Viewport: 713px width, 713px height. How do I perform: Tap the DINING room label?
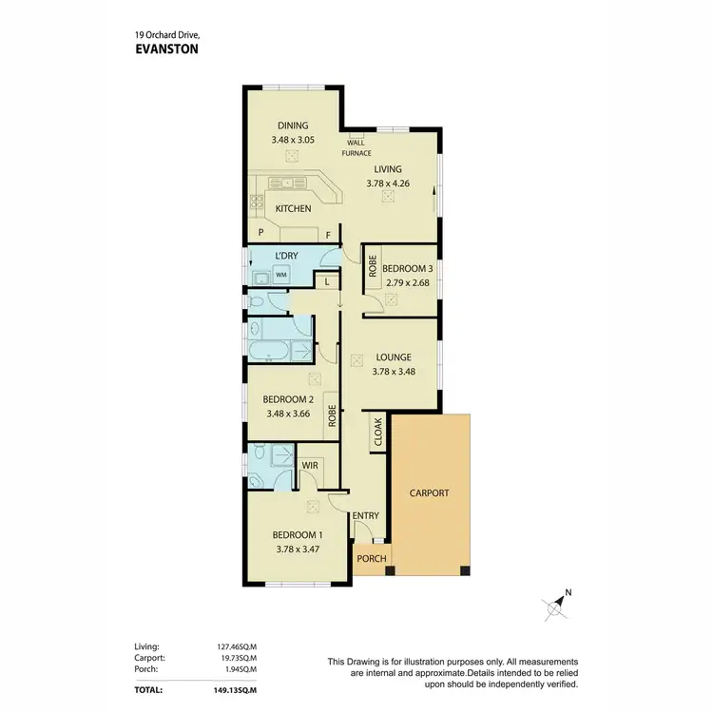[x=292, y=125]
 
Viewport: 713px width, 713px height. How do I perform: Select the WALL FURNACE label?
[x=357, y=147]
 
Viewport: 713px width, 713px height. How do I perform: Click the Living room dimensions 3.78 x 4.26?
[x=388, y=183]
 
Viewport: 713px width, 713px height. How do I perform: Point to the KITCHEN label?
[x=293, y=208]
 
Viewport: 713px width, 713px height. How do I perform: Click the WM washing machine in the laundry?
[x=280, y=275]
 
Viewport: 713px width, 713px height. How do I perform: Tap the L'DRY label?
[x=286, y=258]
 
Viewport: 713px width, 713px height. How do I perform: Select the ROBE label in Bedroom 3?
[x=373, y=268]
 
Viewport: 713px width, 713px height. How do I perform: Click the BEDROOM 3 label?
[x=407, y=269]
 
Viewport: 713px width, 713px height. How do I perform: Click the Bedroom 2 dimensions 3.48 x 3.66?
[x=287, y=414]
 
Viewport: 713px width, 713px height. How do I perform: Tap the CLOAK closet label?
[x=377, y=433]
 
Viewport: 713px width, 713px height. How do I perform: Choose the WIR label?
[x=309, y=467]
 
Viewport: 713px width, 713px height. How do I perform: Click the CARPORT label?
[x=429, y=493]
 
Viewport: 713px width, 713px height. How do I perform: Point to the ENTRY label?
[x=366, y=516]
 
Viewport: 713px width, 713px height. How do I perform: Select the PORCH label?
[x=371, y=558]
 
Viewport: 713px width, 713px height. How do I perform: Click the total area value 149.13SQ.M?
[x=241, y=688]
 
